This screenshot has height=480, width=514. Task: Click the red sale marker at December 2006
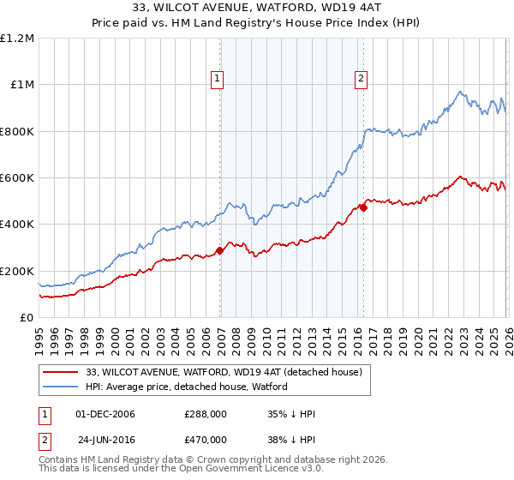[219, 251]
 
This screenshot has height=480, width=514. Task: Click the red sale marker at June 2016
[363, 207]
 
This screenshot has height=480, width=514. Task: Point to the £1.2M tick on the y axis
[18, 39]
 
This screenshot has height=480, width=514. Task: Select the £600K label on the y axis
[17, 178]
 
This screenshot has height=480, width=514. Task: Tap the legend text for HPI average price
[187, 387]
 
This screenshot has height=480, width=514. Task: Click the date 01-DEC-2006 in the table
[105, 414]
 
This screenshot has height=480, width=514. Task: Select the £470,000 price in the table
[206, 438]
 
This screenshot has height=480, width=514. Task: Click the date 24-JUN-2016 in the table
[106, 438]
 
